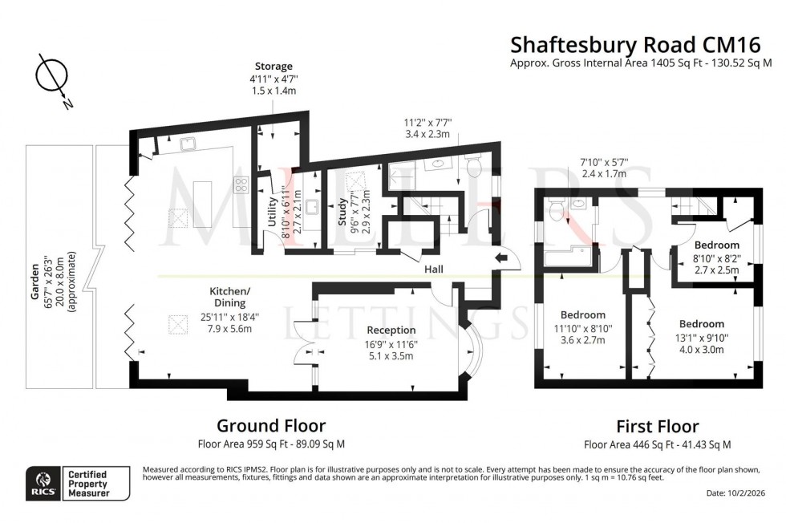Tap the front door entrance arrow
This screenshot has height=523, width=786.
tap(501, 257)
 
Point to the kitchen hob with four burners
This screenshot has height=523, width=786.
tap(240, 185)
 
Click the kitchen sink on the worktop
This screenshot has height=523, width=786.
tap(190, 144)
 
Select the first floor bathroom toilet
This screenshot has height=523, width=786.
tap(557, 210)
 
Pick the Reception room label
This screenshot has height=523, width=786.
tap(391, 330)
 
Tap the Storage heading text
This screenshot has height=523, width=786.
tap(273, 66)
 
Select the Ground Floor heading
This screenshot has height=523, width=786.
tap(271, 425)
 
